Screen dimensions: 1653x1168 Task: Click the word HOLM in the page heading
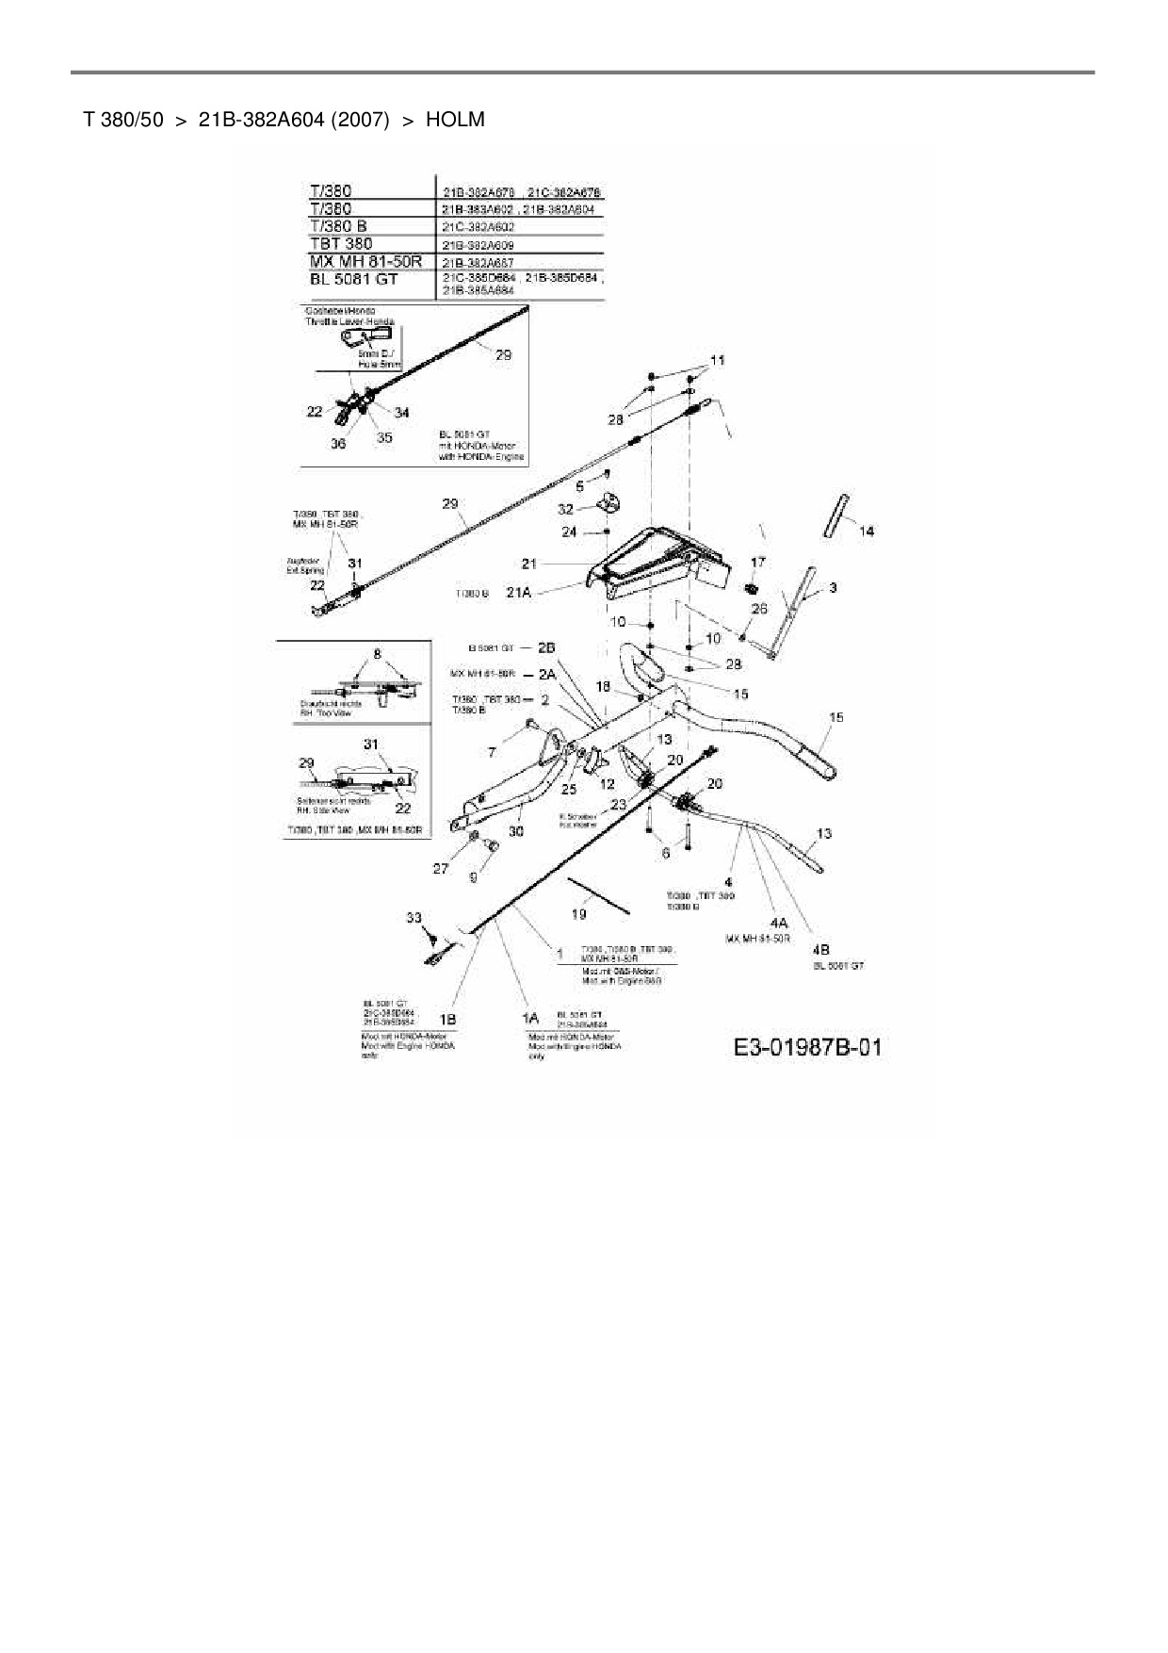tap(455, 120)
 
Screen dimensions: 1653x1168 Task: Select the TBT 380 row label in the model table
tap(341, 243)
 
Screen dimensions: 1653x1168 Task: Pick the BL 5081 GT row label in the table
tap(354, 279)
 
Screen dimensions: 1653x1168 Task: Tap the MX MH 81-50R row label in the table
tap(365, 261)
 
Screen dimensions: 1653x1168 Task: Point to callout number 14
tap(867, 532)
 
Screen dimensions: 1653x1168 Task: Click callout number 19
tap(579, 913)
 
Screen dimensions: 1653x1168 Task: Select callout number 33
tap(414, 917)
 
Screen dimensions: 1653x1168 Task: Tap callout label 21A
tap(519, 592)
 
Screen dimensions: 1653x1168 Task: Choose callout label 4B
tap(819, 951)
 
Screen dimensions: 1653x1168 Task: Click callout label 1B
tap(448, 1020)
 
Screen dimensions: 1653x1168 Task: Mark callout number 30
tap(515, 831)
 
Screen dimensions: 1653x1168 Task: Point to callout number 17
tap(758, 562)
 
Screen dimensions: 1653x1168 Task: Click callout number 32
tap(565, 509)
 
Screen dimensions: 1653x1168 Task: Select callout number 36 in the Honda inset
tap(338, 443)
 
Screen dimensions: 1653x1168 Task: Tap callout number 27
tap(441, 868)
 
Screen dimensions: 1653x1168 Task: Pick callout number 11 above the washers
tap(718, 360)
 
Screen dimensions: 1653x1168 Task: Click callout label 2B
tap(546, 648)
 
